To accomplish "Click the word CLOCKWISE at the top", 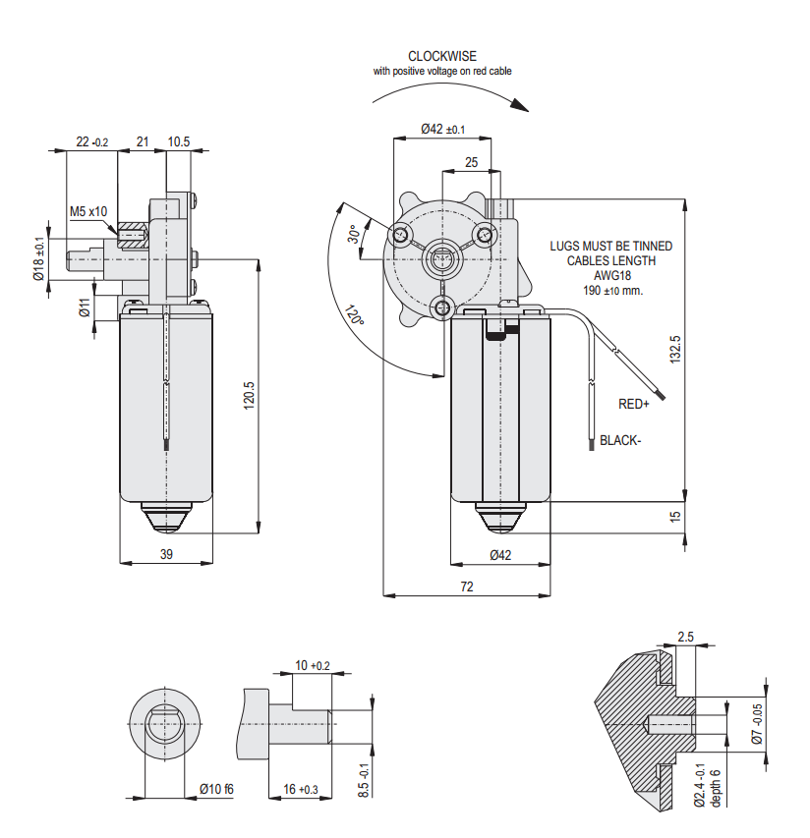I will click(442, 56).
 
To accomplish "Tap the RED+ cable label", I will click(634, 404).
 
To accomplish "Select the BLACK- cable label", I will click(620, 441).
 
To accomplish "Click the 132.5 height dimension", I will click(674, 350).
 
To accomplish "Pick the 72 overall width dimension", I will click(467, 586).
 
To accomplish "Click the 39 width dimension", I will click(166, 554).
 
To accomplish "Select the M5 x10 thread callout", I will click(88, 211).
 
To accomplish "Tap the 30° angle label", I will click(353, 236).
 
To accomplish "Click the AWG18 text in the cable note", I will click(612, 276).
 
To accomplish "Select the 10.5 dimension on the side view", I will click(179, 142).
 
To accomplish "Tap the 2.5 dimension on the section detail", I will click(686, 638).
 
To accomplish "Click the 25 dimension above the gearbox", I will click(472, 162).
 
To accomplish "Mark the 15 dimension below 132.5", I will click(674, 516).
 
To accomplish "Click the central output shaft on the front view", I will click(441, 260).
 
